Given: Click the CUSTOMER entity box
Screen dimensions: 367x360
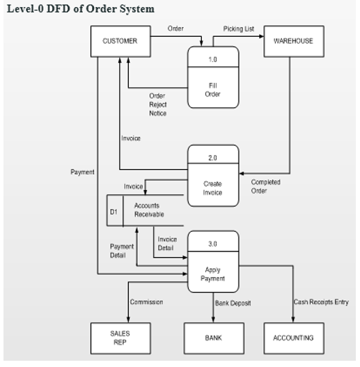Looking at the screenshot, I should [x=120, y=41].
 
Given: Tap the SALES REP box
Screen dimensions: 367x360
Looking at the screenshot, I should [x=120, y=338].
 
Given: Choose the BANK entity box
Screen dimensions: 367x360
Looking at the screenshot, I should [x=213, y=338].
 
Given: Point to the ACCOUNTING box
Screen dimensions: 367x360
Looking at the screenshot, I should [x=293, y=338].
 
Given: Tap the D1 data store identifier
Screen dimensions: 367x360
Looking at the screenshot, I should [x=114, y=210].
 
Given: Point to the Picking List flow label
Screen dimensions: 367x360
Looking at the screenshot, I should [x=239, y=29].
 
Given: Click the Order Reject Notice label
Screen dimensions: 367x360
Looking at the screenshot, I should [x=157, y=104].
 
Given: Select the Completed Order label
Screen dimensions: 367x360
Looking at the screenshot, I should [x=265, y=186].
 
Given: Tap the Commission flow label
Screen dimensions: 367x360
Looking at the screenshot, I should [x=146, y=302].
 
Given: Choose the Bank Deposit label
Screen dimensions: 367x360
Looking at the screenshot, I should [x=233, y=303].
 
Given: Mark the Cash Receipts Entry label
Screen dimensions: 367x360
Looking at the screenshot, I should [x=321, y=302].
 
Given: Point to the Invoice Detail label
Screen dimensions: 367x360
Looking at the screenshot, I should [x=167, y=244].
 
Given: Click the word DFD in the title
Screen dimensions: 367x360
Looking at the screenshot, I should [x=58, y=8].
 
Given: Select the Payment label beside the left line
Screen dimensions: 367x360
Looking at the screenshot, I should [x=82, y=171].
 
